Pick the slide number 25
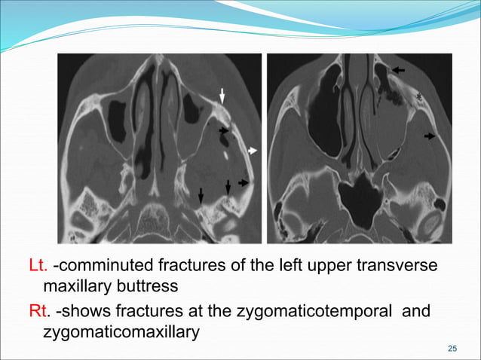452,347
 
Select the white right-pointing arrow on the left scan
253,151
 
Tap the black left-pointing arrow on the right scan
399,69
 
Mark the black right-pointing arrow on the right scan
429,136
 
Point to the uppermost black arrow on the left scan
223,131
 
